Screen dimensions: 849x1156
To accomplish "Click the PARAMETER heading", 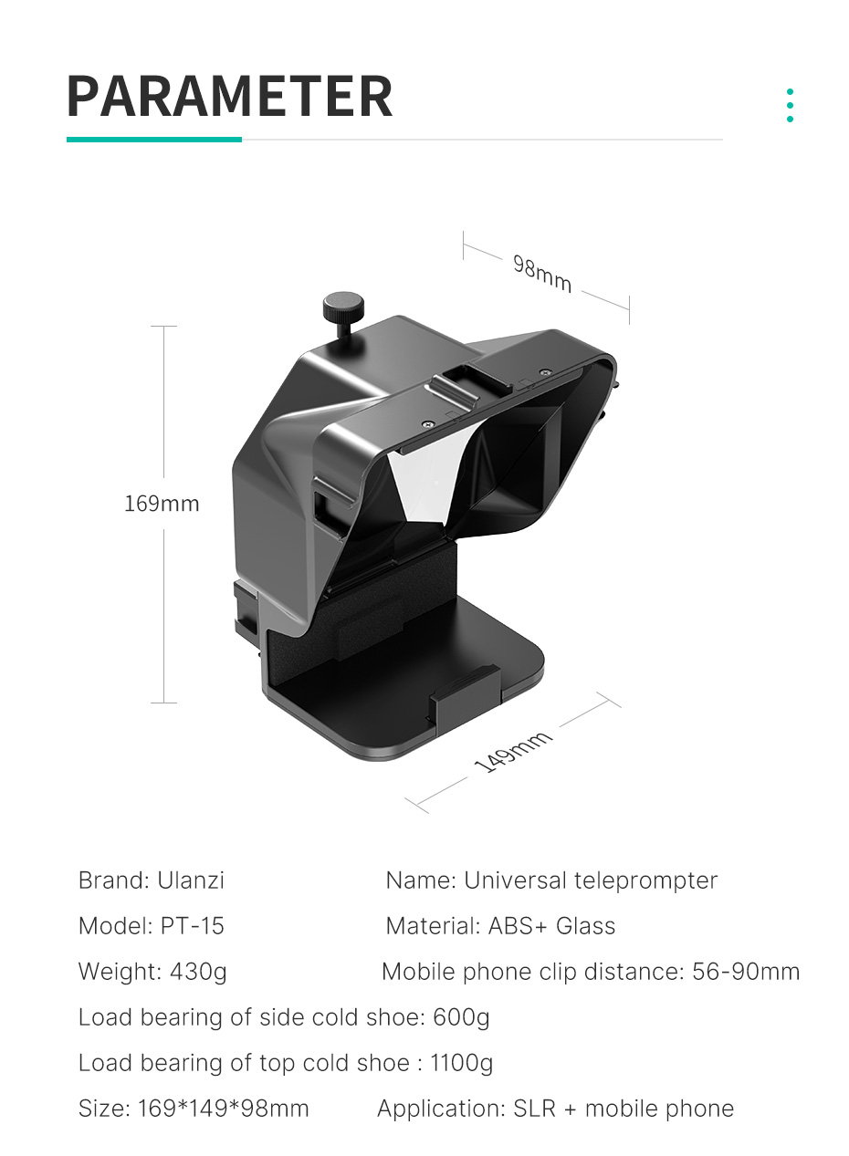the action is [230, 96].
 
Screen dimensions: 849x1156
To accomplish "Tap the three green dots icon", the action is [790, 105].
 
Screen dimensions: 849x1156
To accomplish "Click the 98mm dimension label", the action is [542, 274].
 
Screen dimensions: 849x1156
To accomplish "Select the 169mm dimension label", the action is [162, 504].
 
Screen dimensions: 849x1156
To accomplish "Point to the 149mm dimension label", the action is [513, 752].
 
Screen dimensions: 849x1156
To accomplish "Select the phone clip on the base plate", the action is [464, 694].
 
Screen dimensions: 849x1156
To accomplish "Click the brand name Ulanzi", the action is [191, 880].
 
